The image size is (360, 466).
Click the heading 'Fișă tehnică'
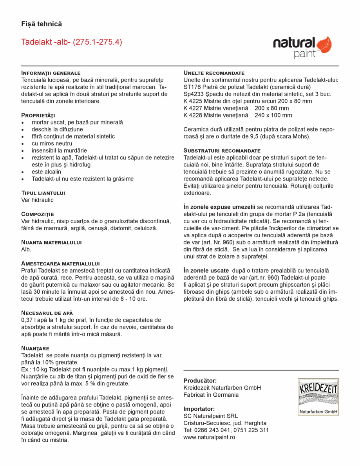[42, 24]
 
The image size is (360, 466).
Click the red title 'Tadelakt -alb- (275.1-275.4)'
[71, 42]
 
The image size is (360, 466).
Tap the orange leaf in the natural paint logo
[324, 45]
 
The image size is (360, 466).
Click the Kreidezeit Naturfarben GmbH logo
[318, 396]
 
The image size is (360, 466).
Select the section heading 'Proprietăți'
[38, 115]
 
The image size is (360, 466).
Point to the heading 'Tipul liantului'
[43, 193]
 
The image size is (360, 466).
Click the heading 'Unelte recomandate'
[214, 73]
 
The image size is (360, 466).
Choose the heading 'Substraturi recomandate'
[222, 150]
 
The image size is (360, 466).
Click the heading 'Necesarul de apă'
[47, 313]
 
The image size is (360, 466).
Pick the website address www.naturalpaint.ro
[209, 437]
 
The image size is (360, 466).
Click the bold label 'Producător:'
[200, 381]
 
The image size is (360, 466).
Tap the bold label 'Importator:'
[199, 409]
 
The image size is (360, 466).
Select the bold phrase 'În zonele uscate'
[206, 271]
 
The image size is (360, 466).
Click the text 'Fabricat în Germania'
[211, 395]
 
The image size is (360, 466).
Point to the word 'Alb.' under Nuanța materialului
[26, 249]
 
